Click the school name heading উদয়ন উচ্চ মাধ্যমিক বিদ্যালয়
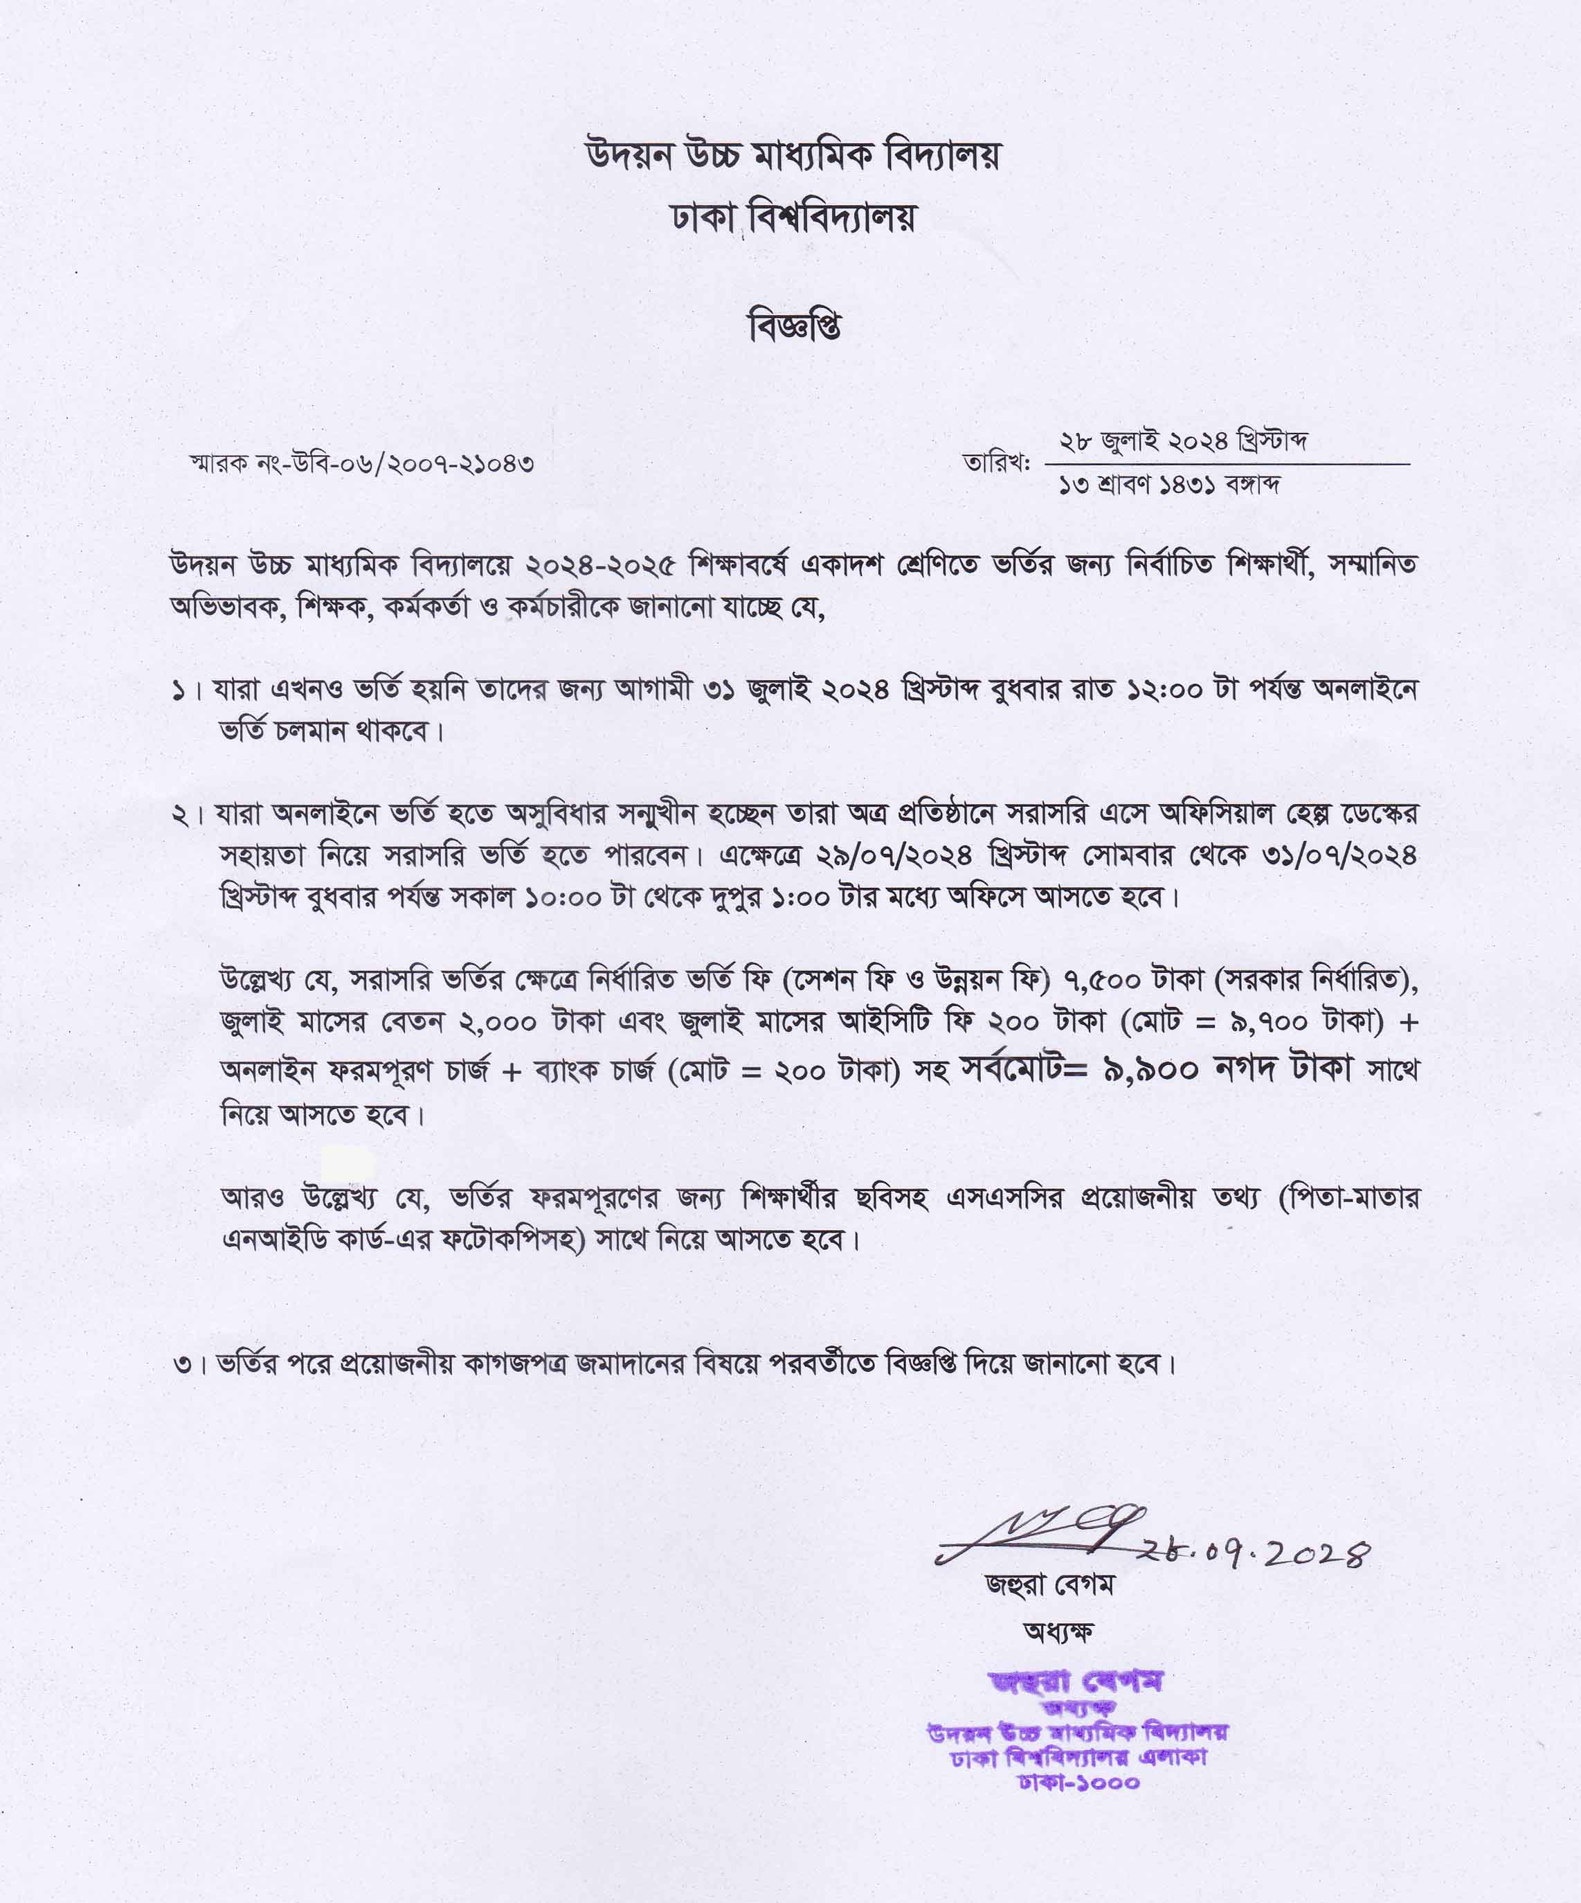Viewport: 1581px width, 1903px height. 794,157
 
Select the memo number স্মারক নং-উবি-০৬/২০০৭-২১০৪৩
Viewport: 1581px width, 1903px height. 361,464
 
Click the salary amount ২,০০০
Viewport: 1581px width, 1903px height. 499,1022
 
